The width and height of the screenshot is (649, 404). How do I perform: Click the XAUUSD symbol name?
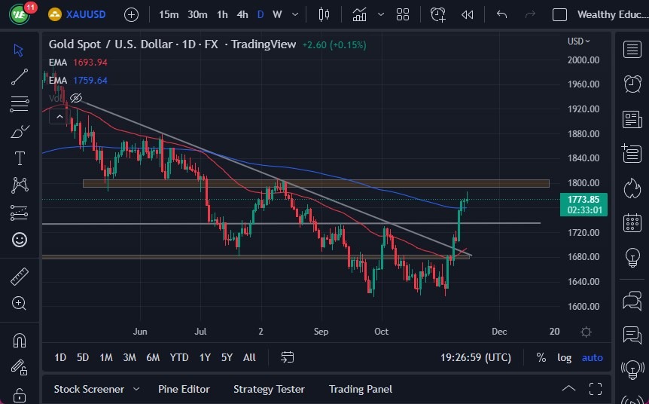point(85,14)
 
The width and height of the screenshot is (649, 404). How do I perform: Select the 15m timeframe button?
point(169,14)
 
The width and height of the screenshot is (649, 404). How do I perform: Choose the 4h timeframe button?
point(242,14)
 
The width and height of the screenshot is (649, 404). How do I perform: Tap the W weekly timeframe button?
point(277,14)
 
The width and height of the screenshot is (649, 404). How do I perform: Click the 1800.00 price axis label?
point(583,183)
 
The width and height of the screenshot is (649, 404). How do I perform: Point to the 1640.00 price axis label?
point(583,282)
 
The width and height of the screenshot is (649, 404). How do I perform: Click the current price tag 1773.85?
point(584,199)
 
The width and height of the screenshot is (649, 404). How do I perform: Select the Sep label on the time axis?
point(321,331)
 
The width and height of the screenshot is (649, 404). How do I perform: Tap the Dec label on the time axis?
point(498,331)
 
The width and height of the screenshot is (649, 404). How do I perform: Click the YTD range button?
point(179,357)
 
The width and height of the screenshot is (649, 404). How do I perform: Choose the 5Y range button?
point(227,357)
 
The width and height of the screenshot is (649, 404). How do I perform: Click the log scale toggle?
point(564,357)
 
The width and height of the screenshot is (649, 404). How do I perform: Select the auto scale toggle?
point(593,357)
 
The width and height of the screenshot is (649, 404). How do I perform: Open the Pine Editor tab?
point(184,389)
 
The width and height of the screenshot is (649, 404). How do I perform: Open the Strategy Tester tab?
point(269,389)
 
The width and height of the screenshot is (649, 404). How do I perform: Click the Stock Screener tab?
point(89,389)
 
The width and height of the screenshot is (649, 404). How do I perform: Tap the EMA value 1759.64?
point(90,80)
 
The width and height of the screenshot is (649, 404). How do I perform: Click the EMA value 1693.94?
point(90,63)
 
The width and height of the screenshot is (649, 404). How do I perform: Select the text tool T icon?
point(20,158)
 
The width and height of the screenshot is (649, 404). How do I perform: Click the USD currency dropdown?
point(579,41)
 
